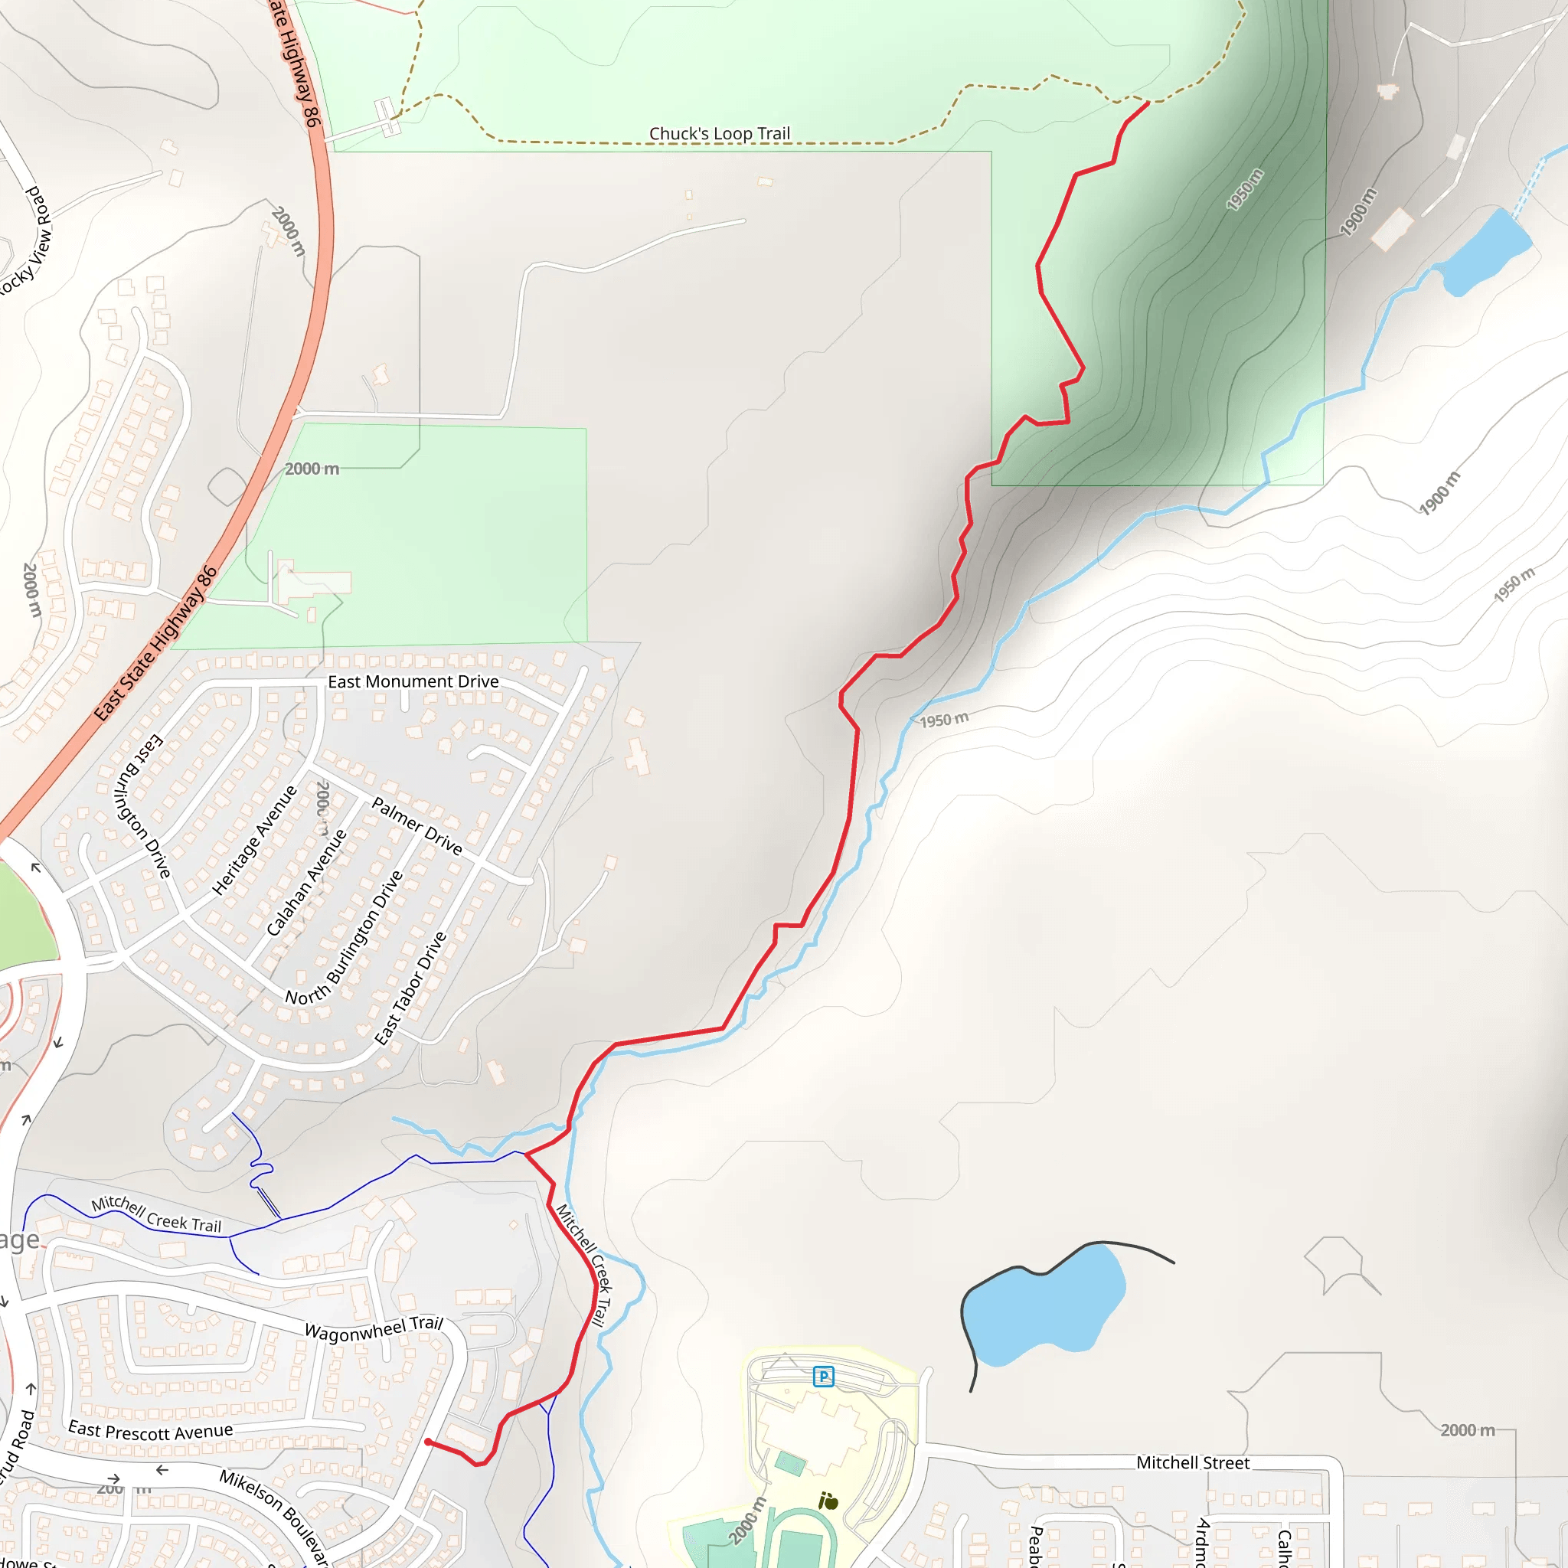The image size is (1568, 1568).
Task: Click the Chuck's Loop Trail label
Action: pyautogui.click(x=719, y=133)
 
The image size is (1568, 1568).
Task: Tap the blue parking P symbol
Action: pyautogui.click(x=823, y=1377)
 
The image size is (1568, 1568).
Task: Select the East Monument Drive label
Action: pyautogui.click(x=413, y=681)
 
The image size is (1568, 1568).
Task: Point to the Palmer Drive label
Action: pyautogui.click(x=416, y=825)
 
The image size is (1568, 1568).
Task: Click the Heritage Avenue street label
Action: pyautogui.click(x=254, y=840)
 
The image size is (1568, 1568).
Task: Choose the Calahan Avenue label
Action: pyautogui.click(x=307, y=882)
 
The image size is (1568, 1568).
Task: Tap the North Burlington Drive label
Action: pyautogui.click(x=344, y=938)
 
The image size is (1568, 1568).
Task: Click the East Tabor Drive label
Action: pyautogui.click(x=410, y=988)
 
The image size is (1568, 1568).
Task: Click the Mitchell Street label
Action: pyautogui.click(x=1192, y=1462)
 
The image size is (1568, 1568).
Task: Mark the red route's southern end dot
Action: pyautogui.click(x=428, y=1442)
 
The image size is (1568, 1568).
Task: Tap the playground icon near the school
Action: pyautogui.click(x=828, y=1501)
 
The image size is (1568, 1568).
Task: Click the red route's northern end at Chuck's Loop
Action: pyautogui.click(x=1148, y=103)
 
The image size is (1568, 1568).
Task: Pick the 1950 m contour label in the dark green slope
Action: pyautogui.click(x=1244, y=189)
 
